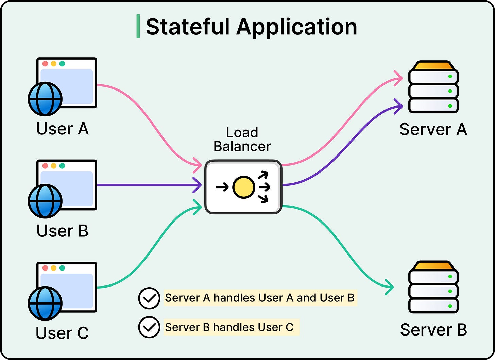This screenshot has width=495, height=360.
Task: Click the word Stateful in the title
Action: pyautogui.click(x=188, y=27)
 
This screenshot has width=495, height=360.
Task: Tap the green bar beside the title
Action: pyautogui.click(x=138, y=26)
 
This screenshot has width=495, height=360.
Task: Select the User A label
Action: pyautogui.click(x=63, y=129)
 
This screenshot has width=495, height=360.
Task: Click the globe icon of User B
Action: pyautogui.click(x=45, y=201)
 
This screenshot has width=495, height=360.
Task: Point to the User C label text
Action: pyautogui.click(x=62, y=333)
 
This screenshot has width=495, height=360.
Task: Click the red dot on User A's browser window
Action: pyautogui.click(x=45, y=64)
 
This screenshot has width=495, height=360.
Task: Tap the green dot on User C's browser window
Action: pyautogui.click(x=62, y=268)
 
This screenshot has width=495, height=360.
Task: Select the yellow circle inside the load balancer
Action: pyautogui.click(x=243, y=187)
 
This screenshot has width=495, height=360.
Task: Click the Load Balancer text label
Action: pyautogui.click(x=242, y=139)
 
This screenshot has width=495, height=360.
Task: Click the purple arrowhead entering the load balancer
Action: pyautogui.click(x=197, y=185)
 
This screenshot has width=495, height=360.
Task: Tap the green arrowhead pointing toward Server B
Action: pyautogui.click(x=389, y=287)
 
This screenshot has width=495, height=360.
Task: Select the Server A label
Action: pyautogui.click(x=433, y=129)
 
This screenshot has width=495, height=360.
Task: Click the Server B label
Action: pyautogui.click(x=433, y=330)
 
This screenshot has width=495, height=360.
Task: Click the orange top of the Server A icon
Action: pyautogui.click(x=433, y=65)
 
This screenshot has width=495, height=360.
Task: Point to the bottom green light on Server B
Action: pyautogui.click(x=450, y=306)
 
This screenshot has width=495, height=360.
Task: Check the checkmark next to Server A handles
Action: pyautogui.click(x=149, y=298)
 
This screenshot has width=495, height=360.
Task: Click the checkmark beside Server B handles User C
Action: pyautogui.click(x=149, y=327)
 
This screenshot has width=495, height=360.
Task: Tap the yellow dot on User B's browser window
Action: pyautogui.click(x=54, y=166)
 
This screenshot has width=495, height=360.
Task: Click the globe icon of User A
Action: pyautogui.click(x=45, y=99)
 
